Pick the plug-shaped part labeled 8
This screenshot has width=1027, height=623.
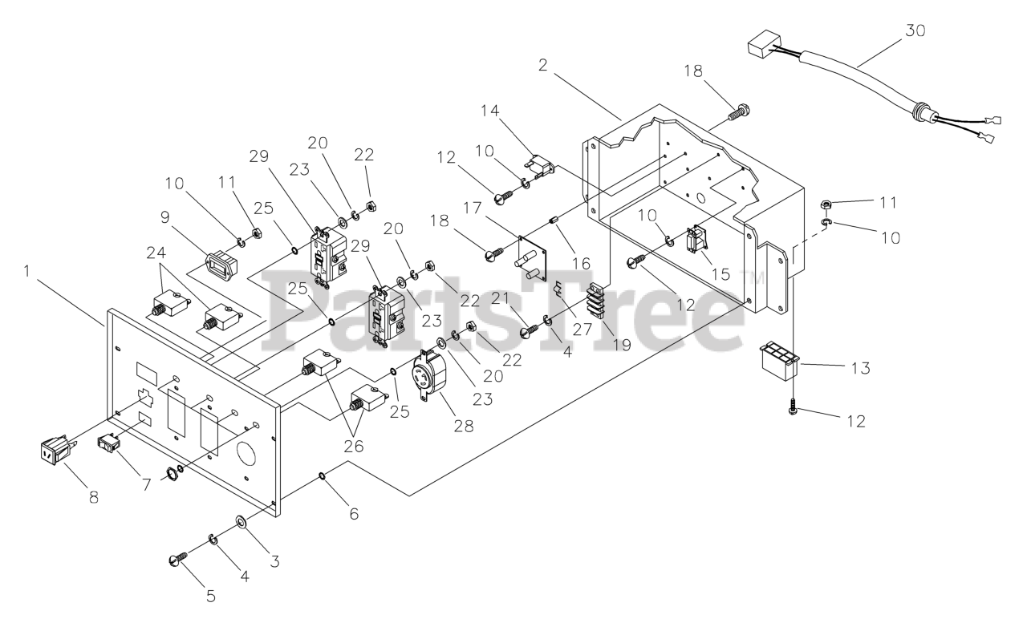tap(54, 453)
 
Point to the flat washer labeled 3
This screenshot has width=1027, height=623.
tap(241, 526)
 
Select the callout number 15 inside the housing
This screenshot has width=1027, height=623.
tap(720, 273)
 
